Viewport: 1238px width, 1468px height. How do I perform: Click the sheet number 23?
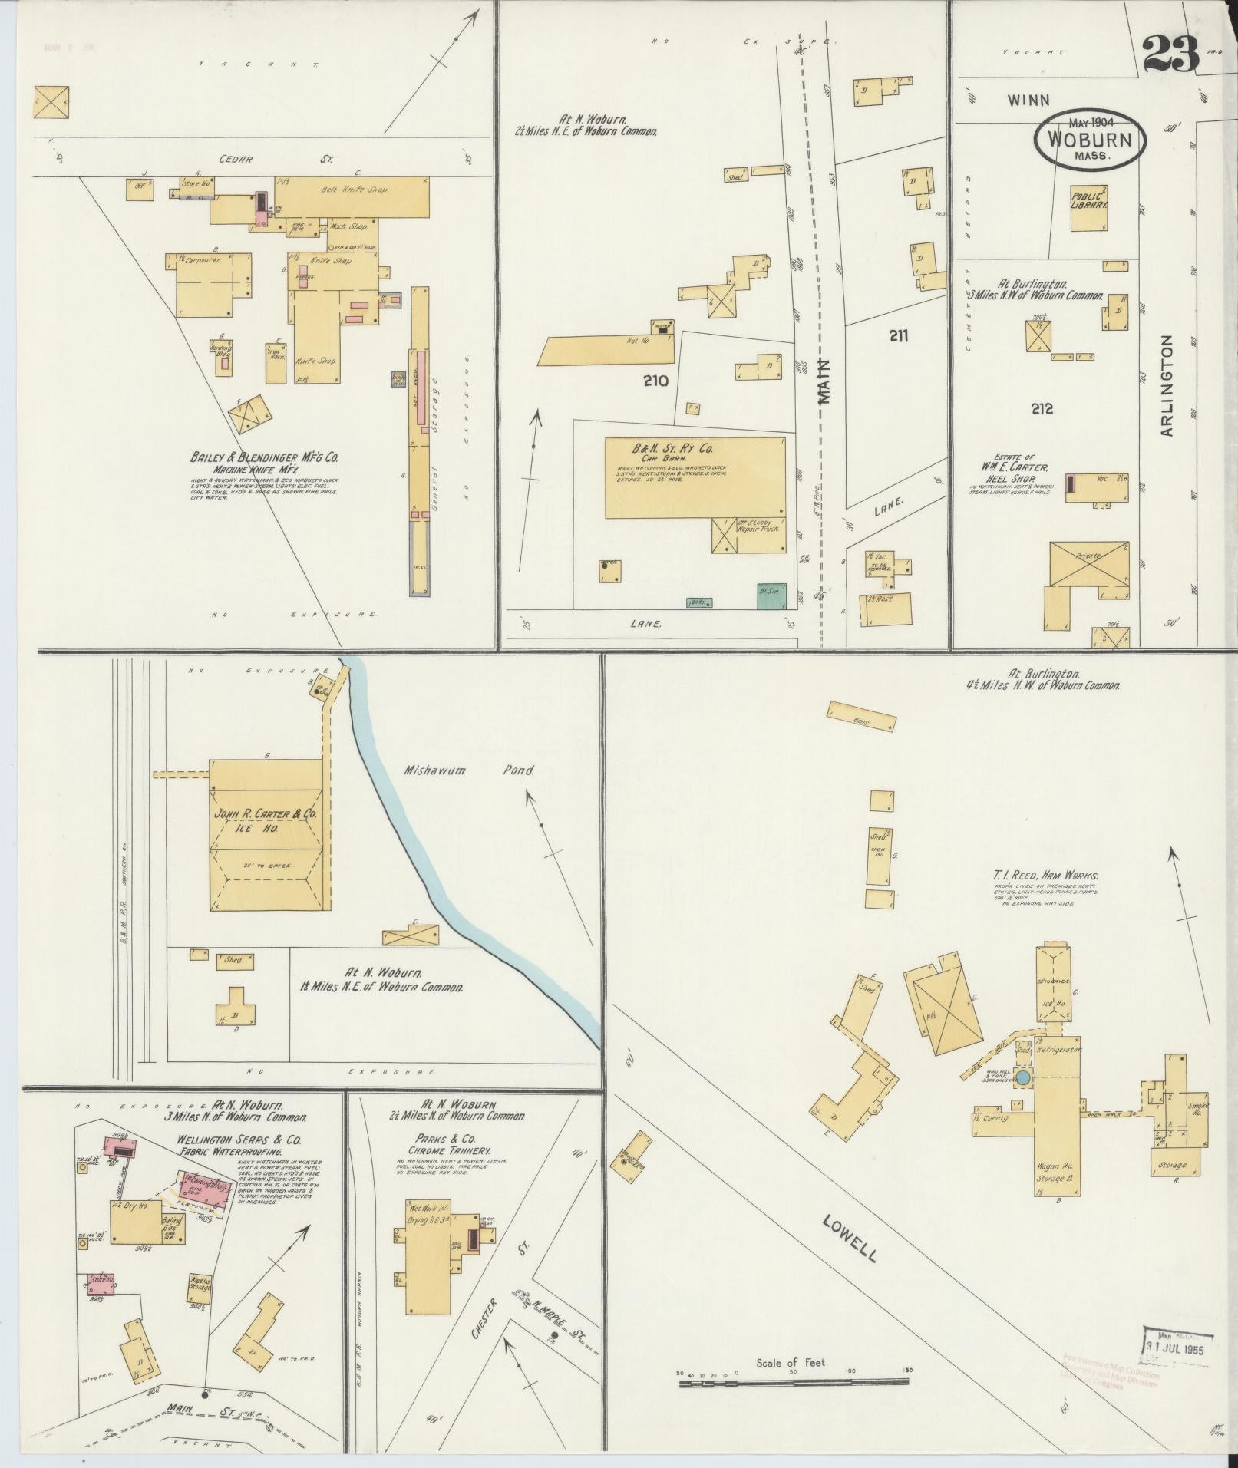1170,53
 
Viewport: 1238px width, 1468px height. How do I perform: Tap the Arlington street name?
1167,385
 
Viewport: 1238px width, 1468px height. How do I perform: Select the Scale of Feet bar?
794,1384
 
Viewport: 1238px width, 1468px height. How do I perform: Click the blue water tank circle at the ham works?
1023,1078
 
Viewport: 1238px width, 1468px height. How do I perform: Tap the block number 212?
1042,409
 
